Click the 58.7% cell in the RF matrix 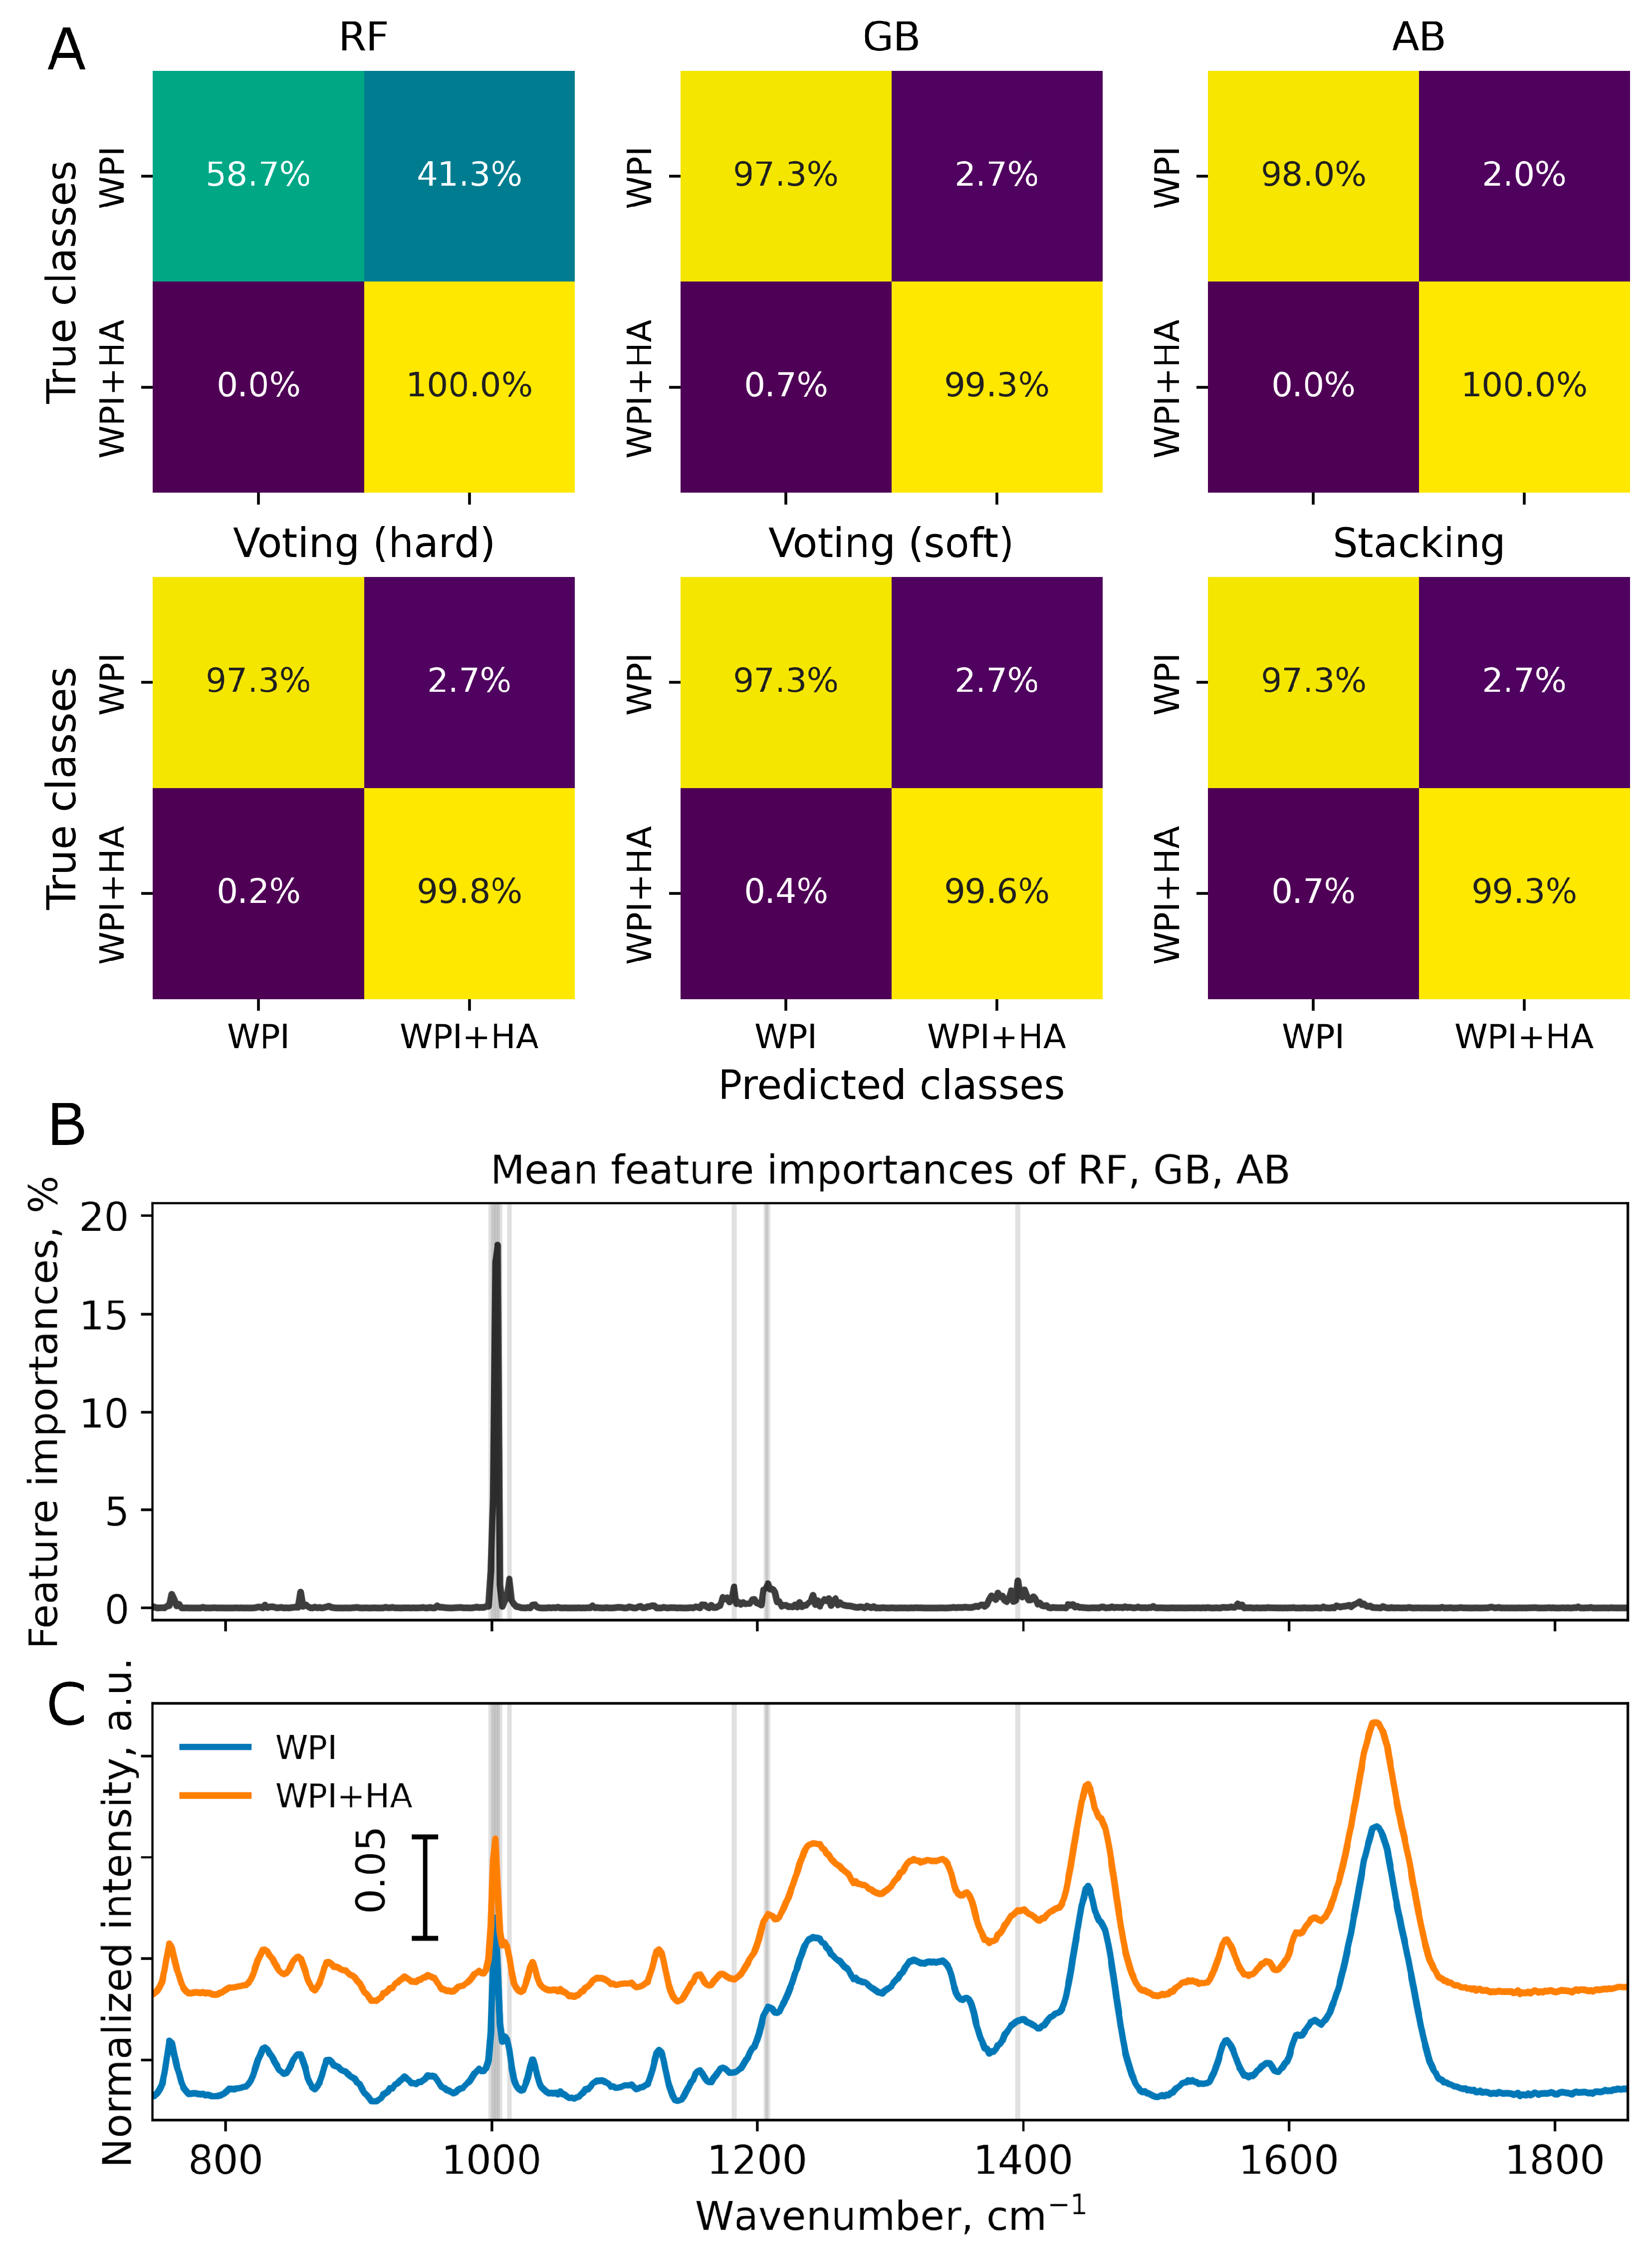point(258,175)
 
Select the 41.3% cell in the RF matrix point(469,175)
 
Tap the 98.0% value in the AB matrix point(1313,175)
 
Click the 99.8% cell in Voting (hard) point(469,891)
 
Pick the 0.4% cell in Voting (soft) point(785,891)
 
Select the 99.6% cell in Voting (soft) point(996,891)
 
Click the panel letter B point(67,1126)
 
